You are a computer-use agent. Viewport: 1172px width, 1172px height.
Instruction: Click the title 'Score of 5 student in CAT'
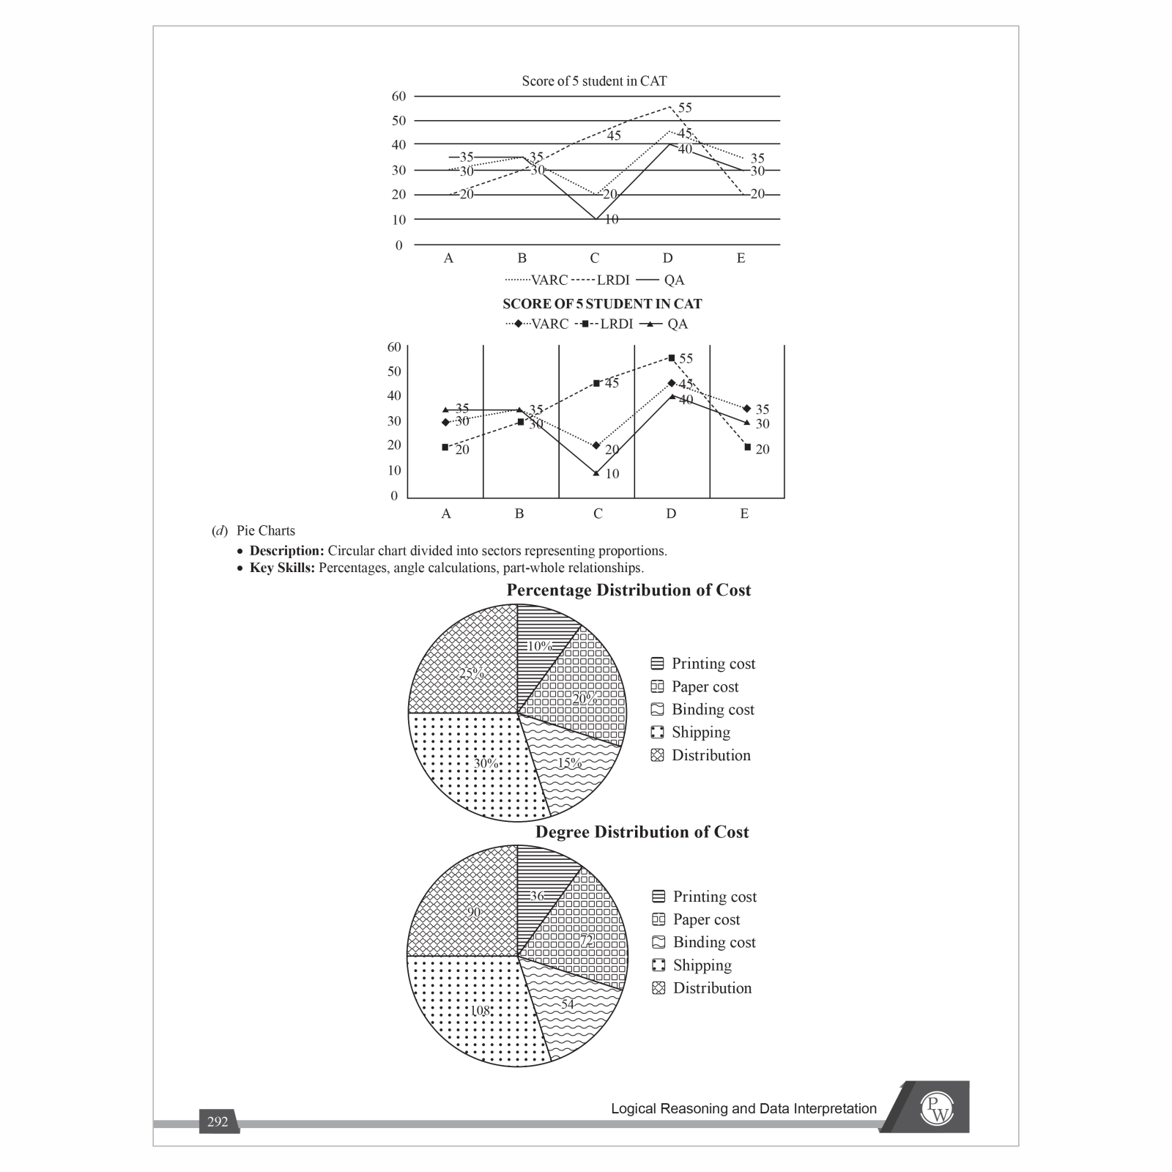coord(594,81)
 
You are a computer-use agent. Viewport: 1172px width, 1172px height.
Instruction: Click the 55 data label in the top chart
coord(684,108)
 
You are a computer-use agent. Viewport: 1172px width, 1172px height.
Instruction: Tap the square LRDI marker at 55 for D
coord(672,358)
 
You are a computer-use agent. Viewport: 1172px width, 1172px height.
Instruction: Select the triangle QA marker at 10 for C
coord(596,473)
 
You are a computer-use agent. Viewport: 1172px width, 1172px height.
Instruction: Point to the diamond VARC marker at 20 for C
coord(596,445)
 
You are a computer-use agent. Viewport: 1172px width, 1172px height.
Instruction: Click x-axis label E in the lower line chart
coord(744,513)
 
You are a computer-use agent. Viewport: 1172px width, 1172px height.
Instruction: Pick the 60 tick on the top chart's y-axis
coord(398,96)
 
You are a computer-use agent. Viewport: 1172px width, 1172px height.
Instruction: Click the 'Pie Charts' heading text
coord(265,530)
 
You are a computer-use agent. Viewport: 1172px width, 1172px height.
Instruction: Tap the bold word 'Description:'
coord(286,550)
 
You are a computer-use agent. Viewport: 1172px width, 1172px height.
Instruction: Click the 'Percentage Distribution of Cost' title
coord(628,590)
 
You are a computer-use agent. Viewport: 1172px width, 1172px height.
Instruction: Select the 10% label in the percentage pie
coord(540,646)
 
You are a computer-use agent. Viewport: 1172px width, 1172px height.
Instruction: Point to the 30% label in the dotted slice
coord(486,763)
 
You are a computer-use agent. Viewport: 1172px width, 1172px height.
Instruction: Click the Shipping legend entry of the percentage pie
coord(700,732)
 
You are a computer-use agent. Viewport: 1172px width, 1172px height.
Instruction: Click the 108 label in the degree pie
coord(481,1011)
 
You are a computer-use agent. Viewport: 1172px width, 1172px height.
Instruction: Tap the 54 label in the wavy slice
coord(568,1004)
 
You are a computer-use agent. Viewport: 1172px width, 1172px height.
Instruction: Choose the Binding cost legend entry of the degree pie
coord(713,942)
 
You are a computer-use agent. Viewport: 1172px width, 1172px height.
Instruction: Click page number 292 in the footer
coord(218,1121)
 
